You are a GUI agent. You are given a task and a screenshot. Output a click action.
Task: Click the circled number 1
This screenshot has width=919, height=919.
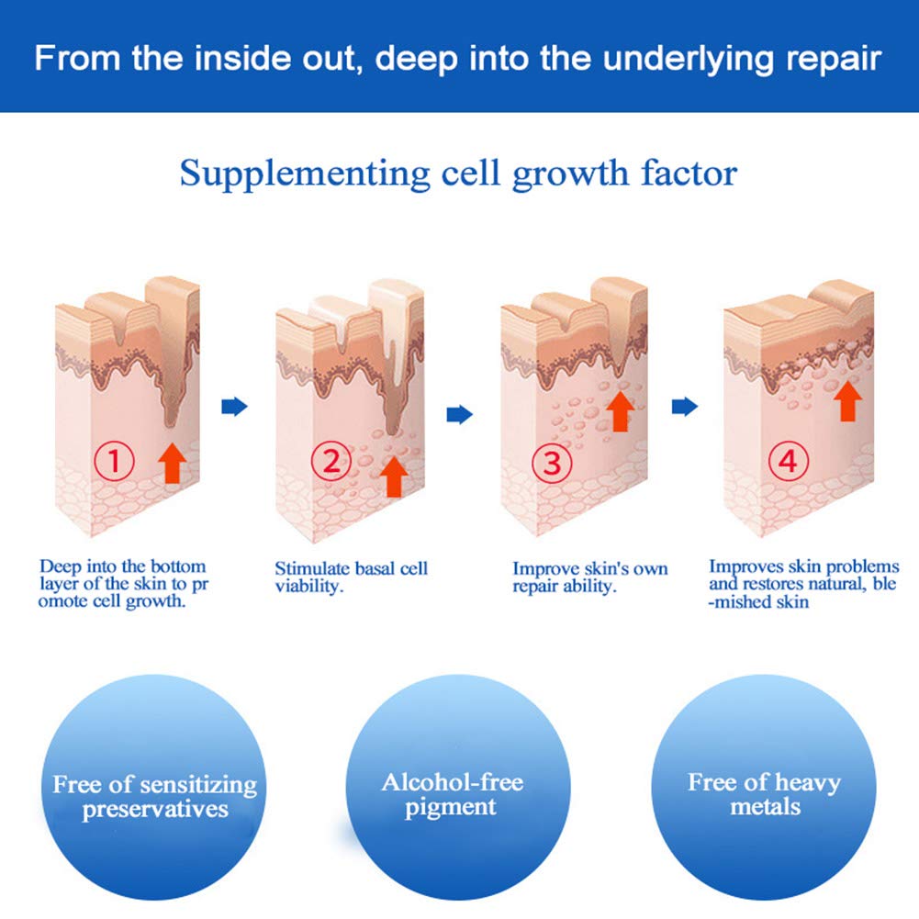(114, 461)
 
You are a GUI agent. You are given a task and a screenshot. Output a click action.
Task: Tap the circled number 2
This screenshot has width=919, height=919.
(331, 461)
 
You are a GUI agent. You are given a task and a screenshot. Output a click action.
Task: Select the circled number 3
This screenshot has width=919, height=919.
(552, 463)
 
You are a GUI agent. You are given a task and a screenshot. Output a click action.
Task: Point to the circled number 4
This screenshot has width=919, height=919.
(789, 461)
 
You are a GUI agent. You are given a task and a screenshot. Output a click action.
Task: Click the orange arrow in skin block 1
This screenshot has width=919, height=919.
(172, 463)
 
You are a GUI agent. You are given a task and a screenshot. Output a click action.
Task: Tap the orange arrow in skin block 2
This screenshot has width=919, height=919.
(394, 476)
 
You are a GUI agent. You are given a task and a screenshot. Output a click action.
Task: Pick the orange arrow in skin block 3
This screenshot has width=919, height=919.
(620, 411)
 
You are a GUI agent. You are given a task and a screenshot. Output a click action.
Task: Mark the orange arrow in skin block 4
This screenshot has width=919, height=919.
(847, 401)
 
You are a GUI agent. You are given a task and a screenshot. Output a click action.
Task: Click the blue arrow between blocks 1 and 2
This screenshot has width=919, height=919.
(234, 406)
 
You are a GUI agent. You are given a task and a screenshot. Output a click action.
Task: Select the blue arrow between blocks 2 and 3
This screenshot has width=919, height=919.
(459, 414)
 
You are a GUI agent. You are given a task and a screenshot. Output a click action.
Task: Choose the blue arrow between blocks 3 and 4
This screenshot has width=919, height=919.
(685, 406)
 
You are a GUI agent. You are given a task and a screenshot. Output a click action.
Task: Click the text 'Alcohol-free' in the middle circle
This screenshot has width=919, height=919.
(453, 782)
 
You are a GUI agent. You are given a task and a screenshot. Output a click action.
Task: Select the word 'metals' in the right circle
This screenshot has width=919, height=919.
(765, 807)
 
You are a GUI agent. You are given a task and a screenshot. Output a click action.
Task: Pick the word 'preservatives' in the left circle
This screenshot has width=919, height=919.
(155, 810)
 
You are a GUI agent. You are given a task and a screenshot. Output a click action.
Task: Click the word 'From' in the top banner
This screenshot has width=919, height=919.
(78, 58)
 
